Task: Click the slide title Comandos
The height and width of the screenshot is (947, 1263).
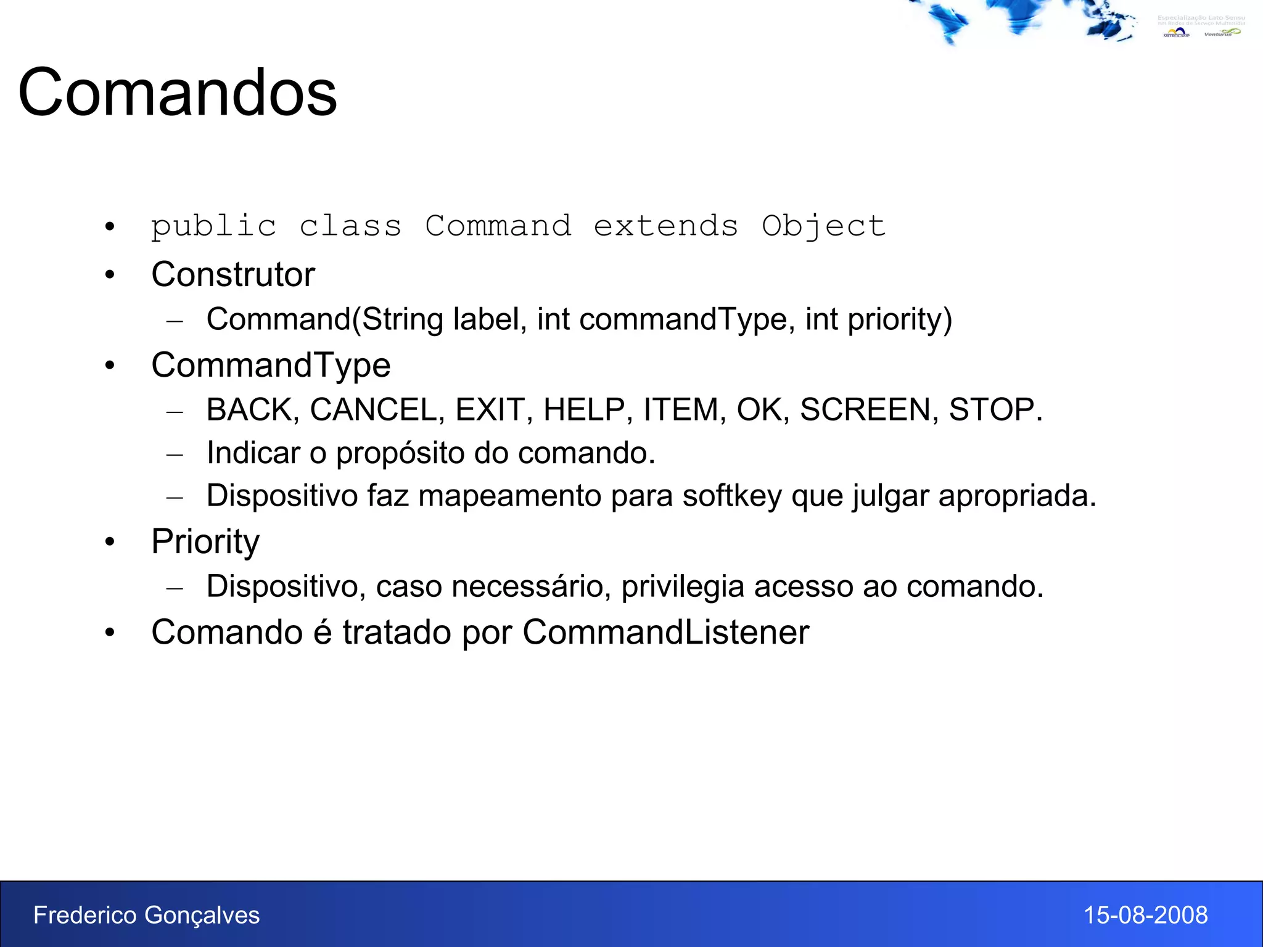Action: coord(178,92)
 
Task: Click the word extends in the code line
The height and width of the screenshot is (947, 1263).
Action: coord(665,226)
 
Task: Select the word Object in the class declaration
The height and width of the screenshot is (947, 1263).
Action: coord(823,227)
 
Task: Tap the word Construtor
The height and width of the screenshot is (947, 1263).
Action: coord(233,274)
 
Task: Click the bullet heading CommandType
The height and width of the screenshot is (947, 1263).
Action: coord(271,365)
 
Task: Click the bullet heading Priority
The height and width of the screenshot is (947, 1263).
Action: coord(205,542)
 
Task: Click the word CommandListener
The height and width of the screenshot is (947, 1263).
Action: coord(665,633)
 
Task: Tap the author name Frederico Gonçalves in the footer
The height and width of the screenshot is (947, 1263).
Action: coord(147,915)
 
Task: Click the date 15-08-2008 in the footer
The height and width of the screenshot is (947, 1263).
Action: coord(1145,915)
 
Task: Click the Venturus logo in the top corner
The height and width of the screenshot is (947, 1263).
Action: coord(1221,33)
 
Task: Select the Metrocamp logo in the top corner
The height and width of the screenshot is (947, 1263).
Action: coord(1177,33)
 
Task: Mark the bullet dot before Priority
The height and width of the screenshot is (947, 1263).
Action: coord(110,542)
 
